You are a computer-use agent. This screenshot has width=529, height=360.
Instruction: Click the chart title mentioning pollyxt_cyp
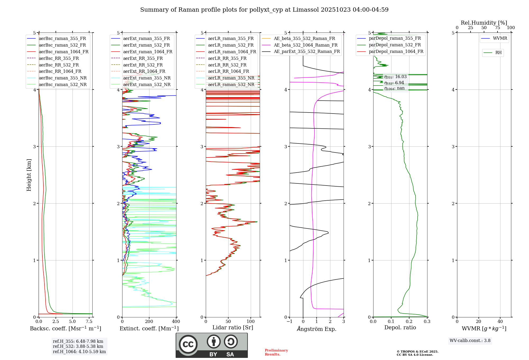[264, 10]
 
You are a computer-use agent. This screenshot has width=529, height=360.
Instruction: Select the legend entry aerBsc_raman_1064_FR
[63, 52]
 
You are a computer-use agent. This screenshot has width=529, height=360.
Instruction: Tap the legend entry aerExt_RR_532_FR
[143, 65]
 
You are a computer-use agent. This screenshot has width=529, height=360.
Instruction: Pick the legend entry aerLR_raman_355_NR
[231, 78]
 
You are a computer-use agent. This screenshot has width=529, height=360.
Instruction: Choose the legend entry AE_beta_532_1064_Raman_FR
[305, 45]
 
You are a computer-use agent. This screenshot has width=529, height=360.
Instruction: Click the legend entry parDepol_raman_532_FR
[395, 45]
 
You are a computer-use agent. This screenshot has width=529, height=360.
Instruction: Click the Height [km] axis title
[29, 175]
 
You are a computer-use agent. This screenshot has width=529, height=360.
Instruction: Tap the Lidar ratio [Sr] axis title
[233, 328]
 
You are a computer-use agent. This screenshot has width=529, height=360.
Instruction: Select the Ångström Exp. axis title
[317, 329]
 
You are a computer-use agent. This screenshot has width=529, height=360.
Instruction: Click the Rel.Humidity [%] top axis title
[484, 23]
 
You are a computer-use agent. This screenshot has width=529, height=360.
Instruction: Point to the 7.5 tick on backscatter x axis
[89, 322]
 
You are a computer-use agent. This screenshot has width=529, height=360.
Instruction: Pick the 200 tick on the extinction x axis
[149, 322]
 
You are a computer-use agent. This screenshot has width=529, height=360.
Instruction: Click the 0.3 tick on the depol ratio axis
[427, 322]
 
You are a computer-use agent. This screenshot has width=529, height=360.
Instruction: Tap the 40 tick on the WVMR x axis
[500, 322]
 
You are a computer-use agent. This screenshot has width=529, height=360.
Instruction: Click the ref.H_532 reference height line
[78, 346]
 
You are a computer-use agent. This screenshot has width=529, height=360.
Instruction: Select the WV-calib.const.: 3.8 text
[470, 341]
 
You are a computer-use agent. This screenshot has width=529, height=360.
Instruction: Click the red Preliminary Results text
[276, 352]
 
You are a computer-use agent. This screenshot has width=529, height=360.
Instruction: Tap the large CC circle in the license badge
[188, 344]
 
